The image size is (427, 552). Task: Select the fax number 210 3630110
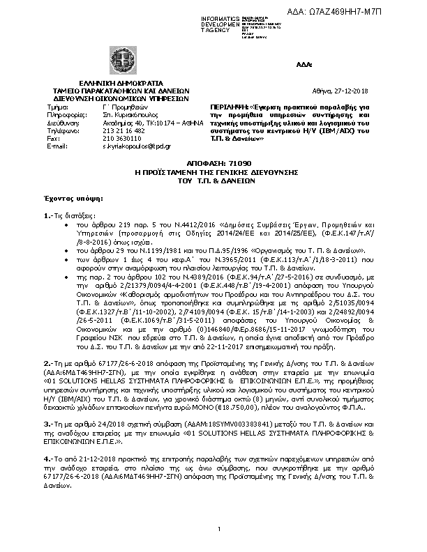[x=106, y=139]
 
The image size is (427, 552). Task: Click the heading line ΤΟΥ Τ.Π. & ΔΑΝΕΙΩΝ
[x=214, y=179]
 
